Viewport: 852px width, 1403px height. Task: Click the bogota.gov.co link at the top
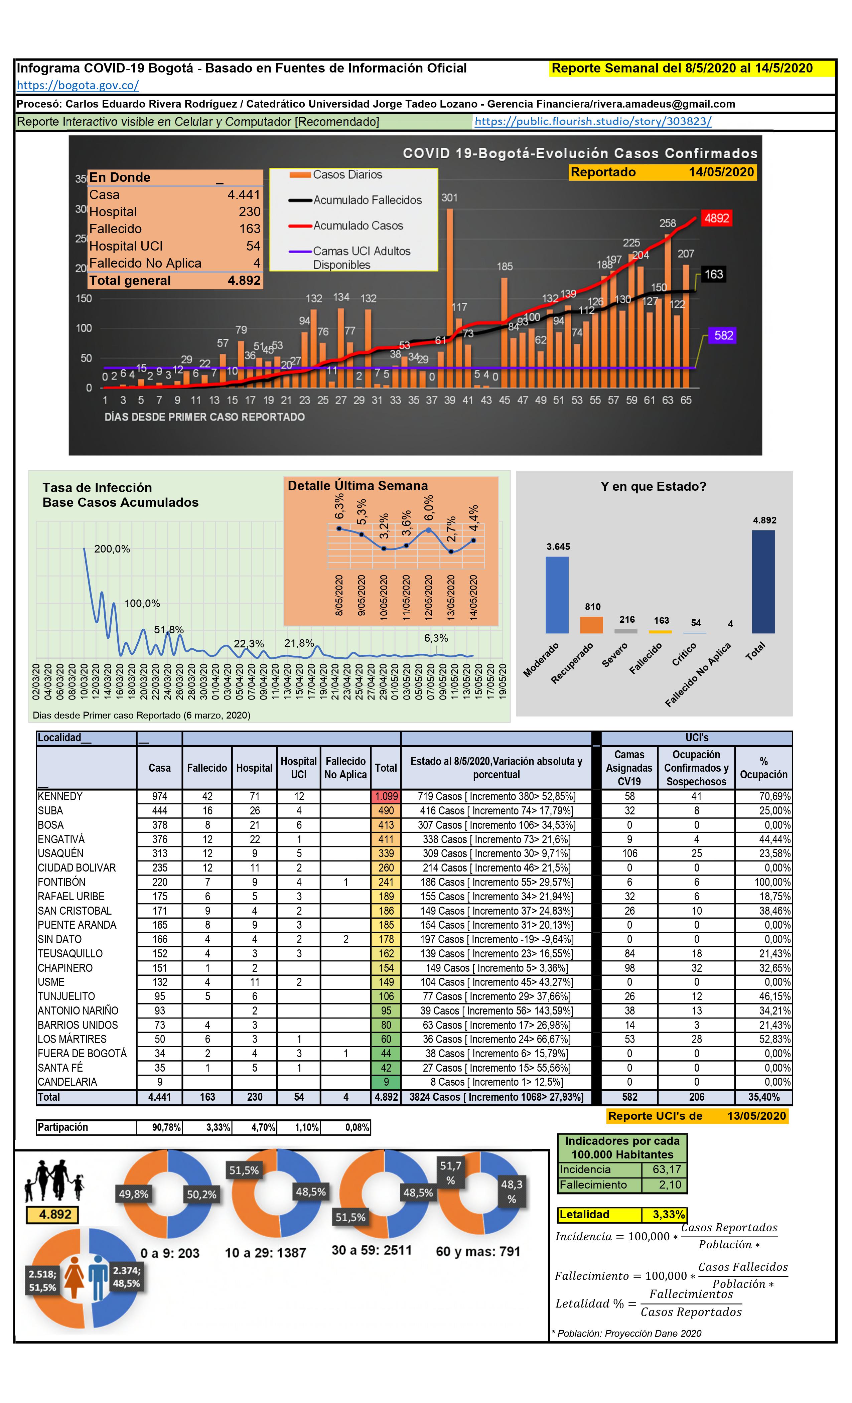(x=78, y=86)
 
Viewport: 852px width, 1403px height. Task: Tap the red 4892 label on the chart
(x=716, y=218)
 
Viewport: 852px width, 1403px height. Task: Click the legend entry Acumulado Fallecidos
(x=367, y=200)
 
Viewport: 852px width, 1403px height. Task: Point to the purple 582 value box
(x=723, y=335)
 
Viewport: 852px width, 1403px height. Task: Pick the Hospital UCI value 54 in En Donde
(x=253, y=246)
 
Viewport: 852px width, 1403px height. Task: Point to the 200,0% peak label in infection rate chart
(x=112, y=549)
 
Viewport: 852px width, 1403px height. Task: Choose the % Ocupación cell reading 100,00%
(x=772, y=882)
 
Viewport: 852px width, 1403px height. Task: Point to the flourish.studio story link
(x=592, y=121)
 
